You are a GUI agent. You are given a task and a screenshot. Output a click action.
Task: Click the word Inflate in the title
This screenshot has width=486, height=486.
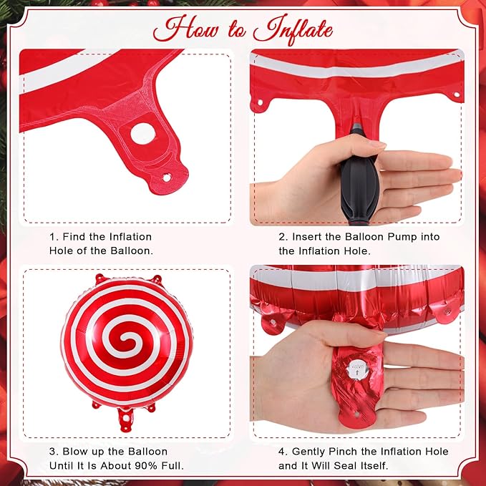[x=293, y=30]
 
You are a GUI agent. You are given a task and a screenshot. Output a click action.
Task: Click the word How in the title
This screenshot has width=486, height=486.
[x=185, y=29]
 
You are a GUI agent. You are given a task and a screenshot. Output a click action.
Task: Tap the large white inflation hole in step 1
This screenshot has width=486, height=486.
[x=143, y=134]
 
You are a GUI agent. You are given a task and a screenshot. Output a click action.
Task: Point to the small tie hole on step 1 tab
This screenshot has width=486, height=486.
[x=167, y=178]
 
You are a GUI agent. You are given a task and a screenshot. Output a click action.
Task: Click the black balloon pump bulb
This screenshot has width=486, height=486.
[x=359, y=185]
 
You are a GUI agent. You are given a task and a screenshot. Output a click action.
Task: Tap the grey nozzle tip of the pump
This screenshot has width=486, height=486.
[x=357, y=127]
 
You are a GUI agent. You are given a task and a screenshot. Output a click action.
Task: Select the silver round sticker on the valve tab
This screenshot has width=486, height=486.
[x=357, y=370]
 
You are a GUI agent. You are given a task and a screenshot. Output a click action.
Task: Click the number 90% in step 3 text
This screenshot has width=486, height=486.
[x=146, y=465]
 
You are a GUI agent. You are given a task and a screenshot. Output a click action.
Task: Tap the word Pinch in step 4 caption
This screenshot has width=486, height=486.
[x=344, y=452]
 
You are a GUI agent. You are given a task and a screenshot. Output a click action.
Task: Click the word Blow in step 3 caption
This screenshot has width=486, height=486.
[x=74, y=452]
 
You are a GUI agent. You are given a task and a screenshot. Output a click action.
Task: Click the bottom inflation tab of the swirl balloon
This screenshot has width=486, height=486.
[x=126, y=419]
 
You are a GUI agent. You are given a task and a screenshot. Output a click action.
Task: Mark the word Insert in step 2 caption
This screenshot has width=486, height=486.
[x=306, y=237]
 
